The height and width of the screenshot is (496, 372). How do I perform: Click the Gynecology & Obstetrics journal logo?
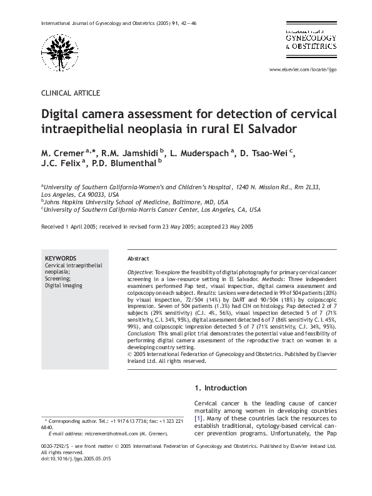(311, 39)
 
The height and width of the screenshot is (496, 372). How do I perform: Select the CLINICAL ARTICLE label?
(70, 93)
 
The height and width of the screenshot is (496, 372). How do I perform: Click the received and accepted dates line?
(147, 227)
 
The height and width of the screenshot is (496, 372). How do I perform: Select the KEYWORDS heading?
(61, 258)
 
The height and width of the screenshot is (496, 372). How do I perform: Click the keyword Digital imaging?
(63, 285)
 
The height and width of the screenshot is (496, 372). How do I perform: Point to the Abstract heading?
(138, 259)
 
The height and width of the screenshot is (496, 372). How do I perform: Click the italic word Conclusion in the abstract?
(143, 333)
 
